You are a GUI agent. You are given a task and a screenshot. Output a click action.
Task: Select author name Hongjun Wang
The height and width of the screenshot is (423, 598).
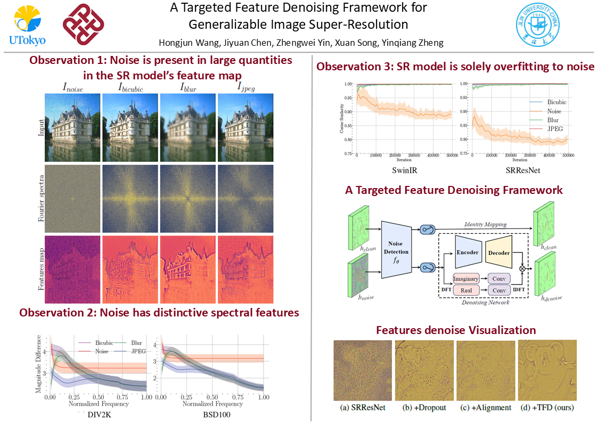(184, 43)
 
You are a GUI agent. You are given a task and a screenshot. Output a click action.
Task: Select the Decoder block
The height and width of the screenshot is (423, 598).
(498, 253)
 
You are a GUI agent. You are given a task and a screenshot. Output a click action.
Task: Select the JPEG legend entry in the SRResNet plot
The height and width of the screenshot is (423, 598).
(554, 128)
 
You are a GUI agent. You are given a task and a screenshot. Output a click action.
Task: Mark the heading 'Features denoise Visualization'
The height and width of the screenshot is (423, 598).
(455, 330)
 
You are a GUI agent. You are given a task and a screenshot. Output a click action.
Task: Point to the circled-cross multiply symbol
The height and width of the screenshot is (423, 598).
(522, 269)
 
